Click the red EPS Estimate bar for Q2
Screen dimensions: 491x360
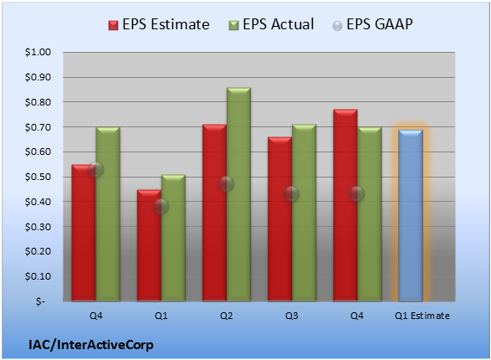tap(214, 213)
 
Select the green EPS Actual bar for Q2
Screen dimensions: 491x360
tap(238, 194)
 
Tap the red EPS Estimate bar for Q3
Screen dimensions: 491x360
tap(279, 219)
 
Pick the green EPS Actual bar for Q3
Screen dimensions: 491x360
tap(304, 213)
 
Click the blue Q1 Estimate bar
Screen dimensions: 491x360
tap(411, 215)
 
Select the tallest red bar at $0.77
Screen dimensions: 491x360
tap(345, 205)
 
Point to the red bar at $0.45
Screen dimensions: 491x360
tap(149, 245)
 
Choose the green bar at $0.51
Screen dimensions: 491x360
tap(173, 238)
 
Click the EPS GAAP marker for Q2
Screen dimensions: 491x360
tap(226, 183)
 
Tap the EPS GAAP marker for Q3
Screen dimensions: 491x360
tap(292, 193)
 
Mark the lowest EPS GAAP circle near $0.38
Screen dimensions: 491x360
tap(161, 206)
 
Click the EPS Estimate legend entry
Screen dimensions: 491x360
tap(159, 24)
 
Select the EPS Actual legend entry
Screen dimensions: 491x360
tap(271, 24)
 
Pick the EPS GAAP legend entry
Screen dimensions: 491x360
tap(372, 24)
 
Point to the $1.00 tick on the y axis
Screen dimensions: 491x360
tap(38, 52)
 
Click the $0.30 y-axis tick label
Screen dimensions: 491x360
tap(38, 227)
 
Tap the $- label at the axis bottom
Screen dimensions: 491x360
tap(40, 301)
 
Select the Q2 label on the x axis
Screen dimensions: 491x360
tap(226, 316)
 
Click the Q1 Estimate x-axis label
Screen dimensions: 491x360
tap(422, 316)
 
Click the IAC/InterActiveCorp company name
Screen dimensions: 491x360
tap(91, 345)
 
